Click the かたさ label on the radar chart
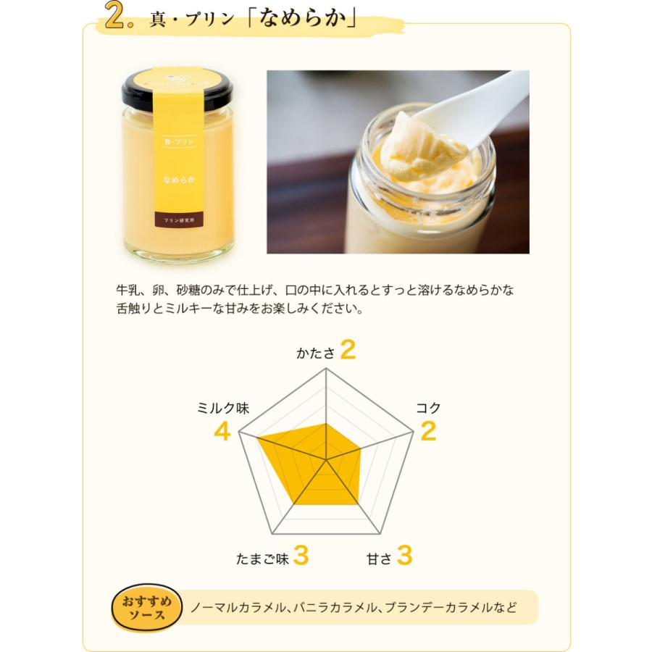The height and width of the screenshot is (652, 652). tap(316, 353)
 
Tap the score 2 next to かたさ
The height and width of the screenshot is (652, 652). tap(348, 351)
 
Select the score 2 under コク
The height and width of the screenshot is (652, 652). tap(428, 432)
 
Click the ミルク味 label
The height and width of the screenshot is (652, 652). tap(223, 408)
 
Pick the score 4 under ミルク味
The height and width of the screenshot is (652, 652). tap(222, 432)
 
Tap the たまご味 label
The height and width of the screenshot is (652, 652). tap(262, 559)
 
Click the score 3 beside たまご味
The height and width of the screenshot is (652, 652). tap(302, 556)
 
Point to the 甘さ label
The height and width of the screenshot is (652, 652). tap(379, 559)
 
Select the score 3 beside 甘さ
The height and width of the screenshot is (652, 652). tap(405, 556)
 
